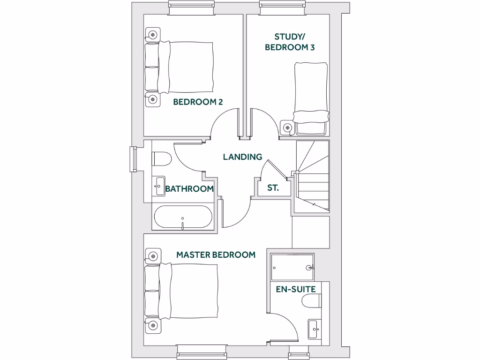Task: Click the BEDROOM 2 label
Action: point(198,102)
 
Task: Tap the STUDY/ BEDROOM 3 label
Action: point(289,42)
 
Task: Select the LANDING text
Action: point(242,157)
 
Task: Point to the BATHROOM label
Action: point(189,189)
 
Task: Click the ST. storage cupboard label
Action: point(273,188)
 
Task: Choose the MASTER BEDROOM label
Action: point(216,255)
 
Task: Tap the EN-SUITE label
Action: point(295,289)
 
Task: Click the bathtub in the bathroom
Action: point(183,217)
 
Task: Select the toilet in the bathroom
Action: point(161,159)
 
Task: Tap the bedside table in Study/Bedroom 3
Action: point(287,127)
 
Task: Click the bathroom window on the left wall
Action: point(133,159)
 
